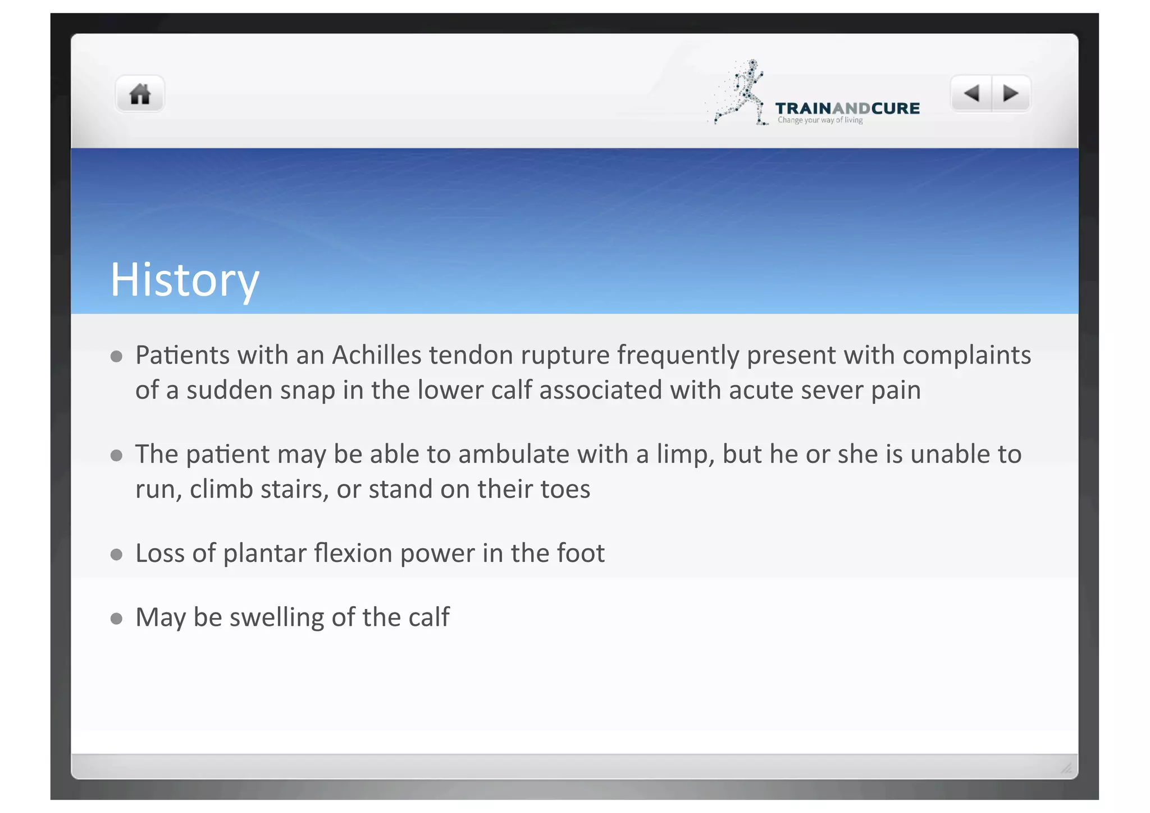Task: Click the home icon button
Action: click(x=140, y=94)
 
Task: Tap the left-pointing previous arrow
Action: click(x=971, y=93)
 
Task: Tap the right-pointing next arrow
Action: click(x=1011, y=93)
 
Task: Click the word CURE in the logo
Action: click(x=896, y=108)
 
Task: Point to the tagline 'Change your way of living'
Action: click(x=820, y=120)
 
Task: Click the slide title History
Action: click(x=184, y=280)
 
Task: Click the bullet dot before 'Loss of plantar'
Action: click(x=117, y=555)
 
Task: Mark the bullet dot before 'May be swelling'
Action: click(x=117, y=619)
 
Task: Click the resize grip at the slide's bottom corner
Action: click(x=1066, y=768)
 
